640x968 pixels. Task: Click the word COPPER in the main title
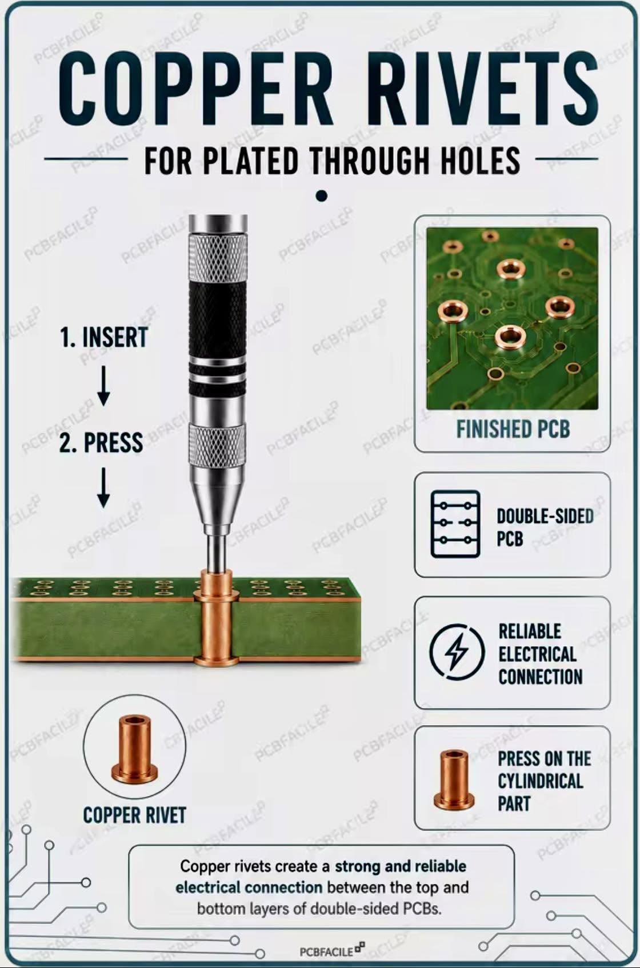click(x=196, y=89)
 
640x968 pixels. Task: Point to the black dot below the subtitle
click(x=321, y=196)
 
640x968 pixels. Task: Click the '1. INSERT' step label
click(x=103, y=338)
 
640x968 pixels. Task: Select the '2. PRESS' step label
click(x=101, y=442)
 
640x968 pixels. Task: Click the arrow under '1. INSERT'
click(x=103, y=386)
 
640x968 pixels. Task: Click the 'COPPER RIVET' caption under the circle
click(x=134, y=815)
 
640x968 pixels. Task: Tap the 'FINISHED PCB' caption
click(x=513, y=429)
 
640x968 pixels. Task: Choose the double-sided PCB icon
click(x=455, y=524)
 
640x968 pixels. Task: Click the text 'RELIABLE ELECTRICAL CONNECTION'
click(x=540, y=654)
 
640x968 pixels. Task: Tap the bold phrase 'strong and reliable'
click(x=401, y=866)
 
